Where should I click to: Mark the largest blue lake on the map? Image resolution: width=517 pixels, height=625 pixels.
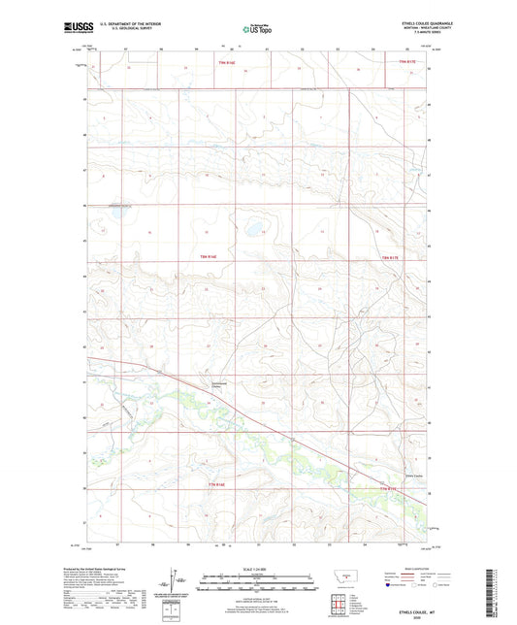pos(255,230)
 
